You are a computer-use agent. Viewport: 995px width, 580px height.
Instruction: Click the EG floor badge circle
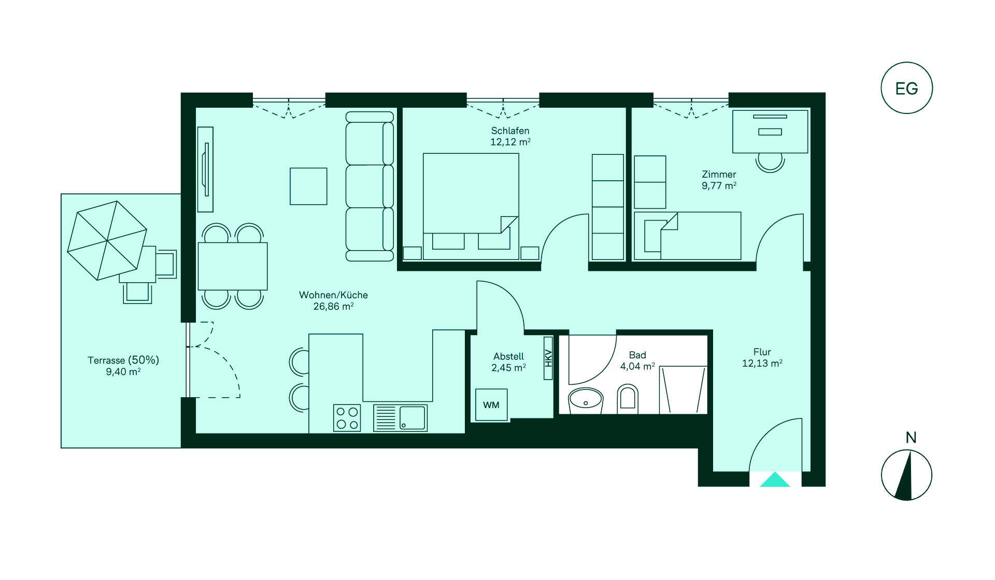point(906,88)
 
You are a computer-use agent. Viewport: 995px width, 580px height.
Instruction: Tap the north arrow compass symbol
point(906,475)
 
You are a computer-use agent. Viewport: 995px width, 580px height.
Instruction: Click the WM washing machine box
point(491,404)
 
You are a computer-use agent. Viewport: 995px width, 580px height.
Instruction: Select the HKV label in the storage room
point(548,358)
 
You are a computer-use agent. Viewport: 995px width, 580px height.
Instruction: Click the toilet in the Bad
point(628,399)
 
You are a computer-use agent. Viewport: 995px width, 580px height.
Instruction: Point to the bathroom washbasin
point(586,400)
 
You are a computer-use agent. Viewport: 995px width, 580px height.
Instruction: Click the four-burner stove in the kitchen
point(347,418)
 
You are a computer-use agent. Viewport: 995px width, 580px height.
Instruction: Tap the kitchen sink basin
point(412,417)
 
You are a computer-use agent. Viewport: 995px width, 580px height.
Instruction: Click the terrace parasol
point(107,240)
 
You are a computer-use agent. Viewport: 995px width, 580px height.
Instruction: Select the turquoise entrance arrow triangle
point(775,480)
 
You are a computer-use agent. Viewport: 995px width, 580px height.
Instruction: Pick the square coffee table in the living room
point(308,186)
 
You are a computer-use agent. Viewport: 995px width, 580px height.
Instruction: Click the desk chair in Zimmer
point(770,162)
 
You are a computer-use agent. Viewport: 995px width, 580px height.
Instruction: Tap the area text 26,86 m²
point(333,307)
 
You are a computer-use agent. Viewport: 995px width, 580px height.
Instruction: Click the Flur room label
point(762,352)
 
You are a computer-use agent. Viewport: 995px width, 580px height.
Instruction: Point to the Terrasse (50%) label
point(123,360)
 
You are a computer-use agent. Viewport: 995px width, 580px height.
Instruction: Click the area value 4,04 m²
point(637,367)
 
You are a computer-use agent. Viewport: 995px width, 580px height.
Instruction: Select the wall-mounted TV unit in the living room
point(205,169)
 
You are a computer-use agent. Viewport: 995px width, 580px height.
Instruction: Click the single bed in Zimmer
point(688,236)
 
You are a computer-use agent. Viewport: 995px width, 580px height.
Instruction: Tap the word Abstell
point(508,356)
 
